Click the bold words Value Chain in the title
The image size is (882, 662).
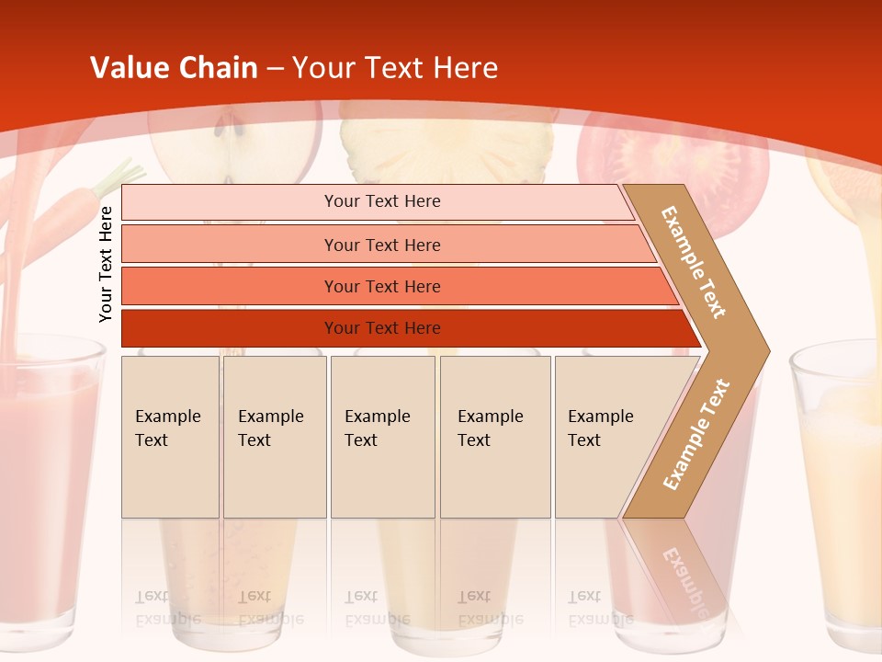(x=174, y=67)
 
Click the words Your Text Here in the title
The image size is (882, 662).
(x=395, y=67)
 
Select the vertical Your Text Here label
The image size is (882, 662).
(x=106, y=264)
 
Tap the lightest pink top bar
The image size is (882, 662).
(x=382, y=201)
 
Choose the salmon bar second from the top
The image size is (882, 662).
(x=382, y=245)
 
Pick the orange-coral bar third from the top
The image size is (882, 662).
(x=382, y=286)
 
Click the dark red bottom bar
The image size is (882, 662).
(x=382, y=328)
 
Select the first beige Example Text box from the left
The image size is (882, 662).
(x=170, y=437)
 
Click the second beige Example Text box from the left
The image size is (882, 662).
(x=275, y=437)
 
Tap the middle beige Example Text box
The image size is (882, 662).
(x=382, y=437)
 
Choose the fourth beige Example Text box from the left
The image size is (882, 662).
(x=495, y=437)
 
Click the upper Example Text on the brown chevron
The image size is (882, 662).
(x=694, y=262)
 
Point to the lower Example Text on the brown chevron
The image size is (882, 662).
(x=696, y=434)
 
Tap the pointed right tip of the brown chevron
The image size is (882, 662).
(x=764, y=351)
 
